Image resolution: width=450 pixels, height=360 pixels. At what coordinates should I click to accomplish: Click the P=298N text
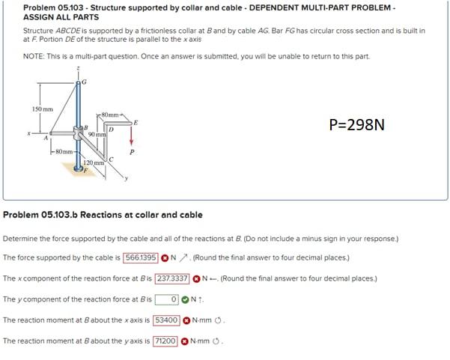356,125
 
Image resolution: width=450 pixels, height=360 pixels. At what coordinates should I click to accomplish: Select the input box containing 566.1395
141,257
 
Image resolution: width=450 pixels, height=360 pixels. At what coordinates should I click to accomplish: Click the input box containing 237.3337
172,278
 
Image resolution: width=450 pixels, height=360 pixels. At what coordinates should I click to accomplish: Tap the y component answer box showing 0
167,299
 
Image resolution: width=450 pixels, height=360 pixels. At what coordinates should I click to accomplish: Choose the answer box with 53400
166,320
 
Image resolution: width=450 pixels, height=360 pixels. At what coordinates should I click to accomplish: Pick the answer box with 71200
165,341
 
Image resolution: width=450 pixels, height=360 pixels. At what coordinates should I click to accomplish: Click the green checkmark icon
186,299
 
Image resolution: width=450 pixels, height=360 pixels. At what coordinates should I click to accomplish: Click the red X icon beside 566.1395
165,258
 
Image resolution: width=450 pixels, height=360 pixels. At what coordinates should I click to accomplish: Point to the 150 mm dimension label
43,109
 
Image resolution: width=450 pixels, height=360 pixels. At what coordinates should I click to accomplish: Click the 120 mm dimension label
94,162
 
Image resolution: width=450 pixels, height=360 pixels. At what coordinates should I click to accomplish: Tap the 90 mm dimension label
97,134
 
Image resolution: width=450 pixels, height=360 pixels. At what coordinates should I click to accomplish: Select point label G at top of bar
84,82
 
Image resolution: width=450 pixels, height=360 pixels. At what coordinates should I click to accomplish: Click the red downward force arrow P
132,135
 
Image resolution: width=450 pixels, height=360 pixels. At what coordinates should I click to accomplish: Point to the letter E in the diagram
136,123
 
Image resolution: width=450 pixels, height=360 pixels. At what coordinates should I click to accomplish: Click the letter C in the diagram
112,159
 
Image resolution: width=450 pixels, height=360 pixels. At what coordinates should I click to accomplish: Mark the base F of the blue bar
78,168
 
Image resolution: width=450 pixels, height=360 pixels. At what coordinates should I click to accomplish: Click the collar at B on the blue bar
77,132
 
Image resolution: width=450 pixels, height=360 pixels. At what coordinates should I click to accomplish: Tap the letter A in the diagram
46,138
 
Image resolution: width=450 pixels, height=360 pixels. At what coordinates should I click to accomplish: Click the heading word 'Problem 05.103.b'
40,215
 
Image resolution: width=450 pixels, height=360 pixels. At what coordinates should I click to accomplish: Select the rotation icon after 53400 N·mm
218,320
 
